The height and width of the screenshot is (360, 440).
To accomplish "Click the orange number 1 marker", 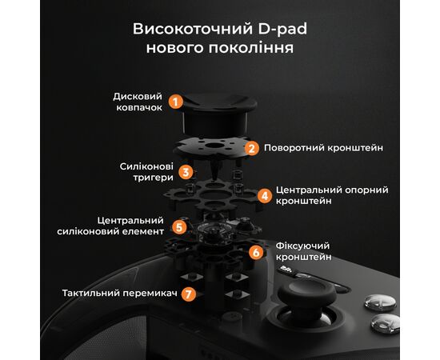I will pos(176,102).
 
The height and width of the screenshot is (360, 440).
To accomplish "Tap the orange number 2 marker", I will pos(251,148).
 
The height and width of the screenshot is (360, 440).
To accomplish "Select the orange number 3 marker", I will pos(186,171).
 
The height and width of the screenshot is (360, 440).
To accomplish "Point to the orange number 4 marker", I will pos(264,195).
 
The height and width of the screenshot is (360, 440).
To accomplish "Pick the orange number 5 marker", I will pos(180,226).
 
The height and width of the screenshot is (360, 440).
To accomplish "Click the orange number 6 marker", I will pos(256,252).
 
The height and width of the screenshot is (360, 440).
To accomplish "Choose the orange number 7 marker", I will pos(188,294).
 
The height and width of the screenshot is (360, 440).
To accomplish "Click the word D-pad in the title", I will pos(284,30).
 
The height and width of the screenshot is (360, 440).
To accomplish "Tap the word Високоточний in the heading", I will pos(190,30).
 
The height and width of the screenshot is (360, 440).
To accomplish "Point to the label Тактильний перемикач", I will pos(119,294).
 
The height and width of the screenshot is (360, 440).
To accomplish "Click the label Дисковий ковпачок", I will pos(138,102).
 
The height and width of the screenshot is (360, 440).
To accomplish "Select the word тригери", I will pos(150,178).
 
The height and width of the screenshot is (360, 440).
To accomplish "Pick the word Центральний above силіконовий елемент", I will pos(130,220).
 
